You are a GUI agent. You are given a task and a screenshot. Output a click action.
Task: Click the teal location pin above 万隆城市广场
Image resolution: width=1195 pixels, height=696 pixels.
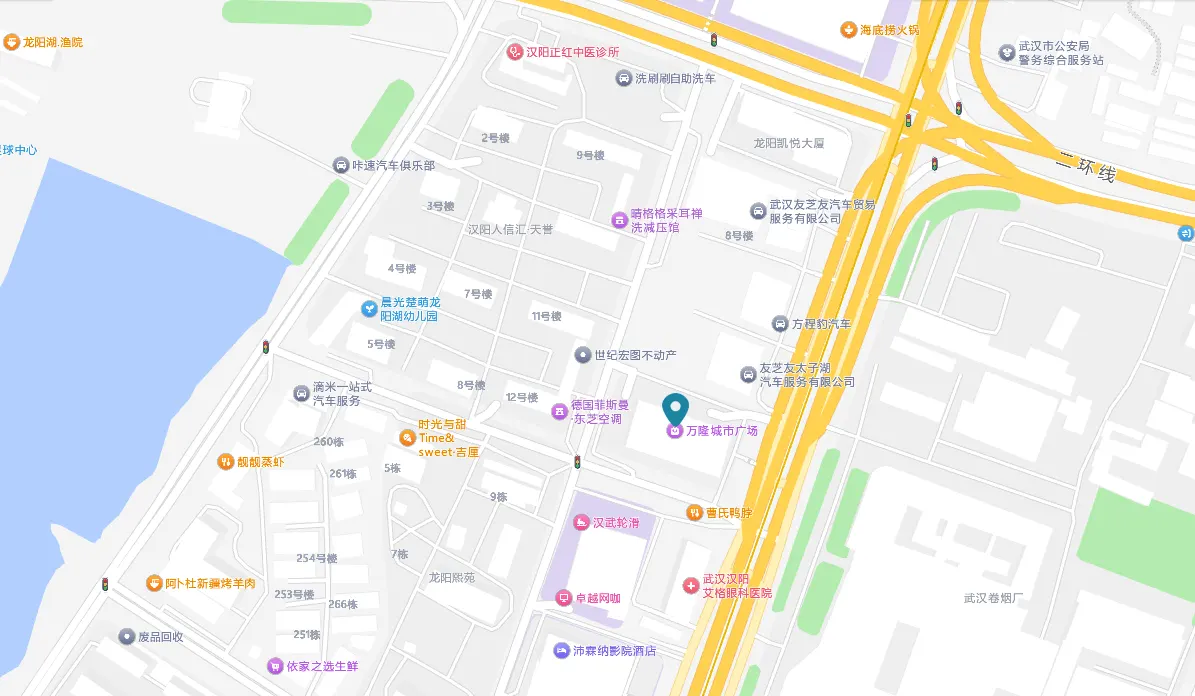click(677, 408)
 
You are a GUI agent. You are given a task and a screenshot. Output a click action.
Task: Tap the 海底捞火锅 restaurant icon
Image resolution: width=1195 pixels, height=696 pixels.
click(848, 30)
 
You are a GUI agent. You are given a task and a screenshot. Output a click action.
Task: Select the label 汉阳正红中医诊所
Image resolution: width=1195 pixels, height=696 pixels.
click(573, 52)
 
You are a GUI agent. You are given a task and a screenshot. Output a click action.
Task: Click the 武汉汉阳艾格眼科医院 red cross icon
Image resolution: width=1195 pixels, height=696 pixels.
click(690, 585)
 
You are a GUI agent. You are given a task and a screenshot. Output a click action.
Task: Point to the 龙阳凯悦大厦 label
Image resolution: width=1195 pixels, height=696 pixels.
click(789, 143)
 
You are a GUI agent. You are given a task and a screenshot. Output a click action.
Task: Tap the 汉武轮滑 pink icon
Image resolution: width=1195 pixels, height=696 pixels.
click(580, 522)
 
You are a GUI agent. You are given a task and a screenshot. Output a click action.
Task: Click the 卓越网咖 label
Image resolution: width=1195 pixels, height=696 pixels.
click(597, 598)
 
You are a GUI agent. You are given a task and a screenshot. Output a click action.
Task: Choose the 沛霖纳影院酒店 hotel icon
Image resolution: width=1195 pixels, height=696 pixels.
click(562, 650)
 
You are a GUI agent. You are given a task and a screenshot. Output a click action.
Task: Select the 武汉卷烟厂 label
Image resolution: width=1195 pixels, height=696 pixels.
click(994, 598)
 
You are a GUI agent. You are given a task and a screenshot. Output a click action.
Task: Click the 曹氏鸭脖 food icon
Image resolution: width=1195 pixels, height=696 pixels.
click(694, 512)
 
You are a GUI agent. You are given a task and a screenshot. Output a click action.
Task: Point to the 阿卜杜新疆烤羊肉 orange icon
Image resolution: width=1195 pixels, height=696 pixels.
click(154, 583)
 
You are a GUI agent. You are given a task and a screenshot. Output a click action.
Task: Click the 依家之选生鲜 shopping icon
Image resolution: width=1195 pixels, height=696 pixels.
click(274, 666)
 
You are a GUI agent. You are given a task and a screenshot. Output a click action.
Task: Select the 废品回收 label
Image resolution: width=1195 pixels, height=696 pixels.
click(160, 637)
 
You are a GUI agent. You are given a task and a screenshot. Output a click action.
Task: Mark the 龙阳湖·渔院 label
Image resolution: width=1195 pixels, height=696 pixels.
click(53, 42)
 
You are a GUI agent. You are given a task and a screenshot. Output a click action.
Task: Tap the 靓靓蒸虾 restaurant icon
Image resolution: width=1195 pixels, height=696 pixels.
click(225, 462)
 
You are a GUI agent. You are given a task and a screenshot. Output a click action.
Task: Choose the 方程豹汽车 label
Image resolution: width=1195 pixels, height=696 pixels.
click(821, 324)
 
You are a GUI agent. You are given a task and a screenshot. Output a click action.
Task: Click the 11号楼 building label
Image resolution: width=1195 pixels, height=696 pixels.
click(546, 316)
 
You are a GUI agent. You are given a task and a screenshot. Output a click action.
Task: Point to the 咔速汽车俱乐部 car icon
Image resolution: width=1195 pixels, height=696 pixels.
click(341, 165)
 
